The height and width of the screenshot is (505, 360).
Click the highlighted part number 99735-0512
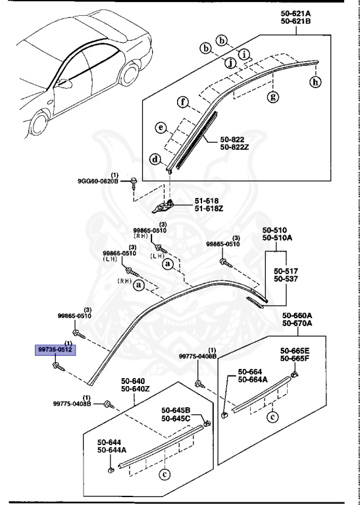(x=55, y=349)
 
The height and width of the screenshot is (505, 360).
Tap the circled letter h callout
(x=315, y=82)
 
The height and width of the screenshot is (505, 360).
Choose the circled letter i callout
(x=244, y=54)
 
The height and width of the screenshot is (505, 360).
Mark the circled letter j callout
(x=230, y=62)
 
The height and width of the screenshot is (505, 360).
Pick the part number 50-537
(x=286, y=278)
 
